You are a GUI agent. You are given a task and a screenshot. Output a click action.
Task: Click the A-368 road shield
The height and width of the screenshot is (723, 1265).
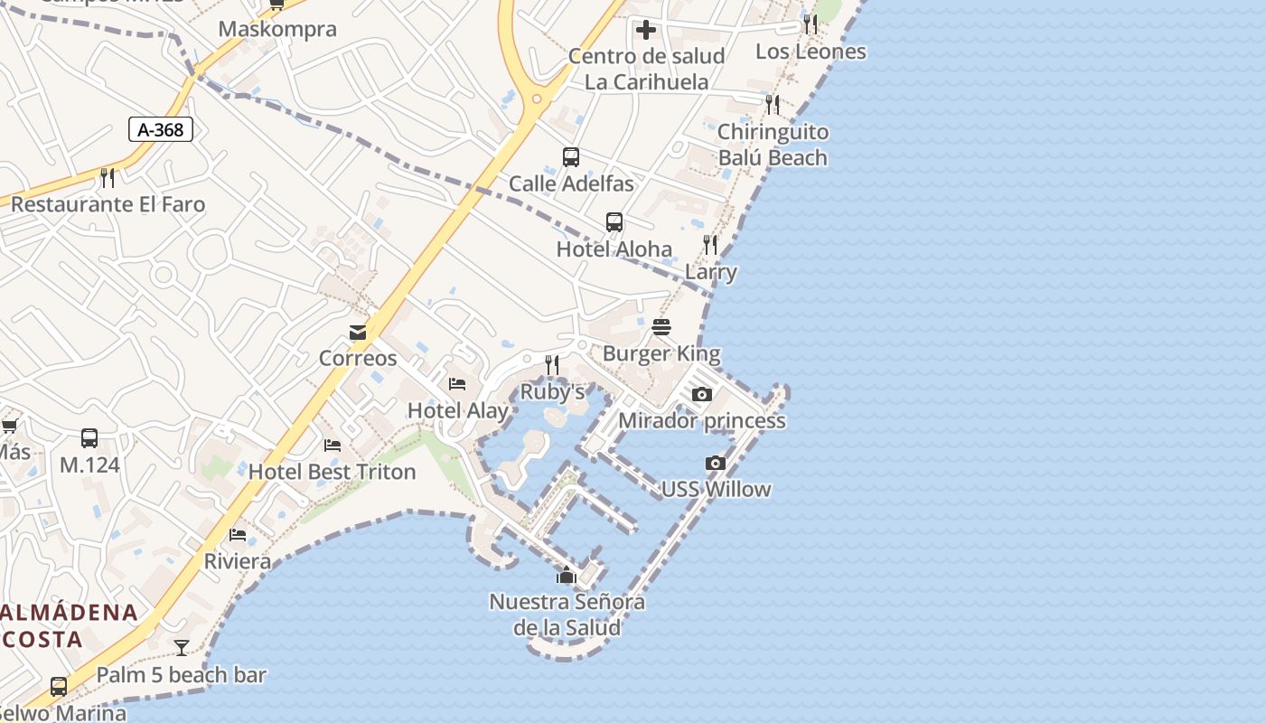click(x=161, y=130)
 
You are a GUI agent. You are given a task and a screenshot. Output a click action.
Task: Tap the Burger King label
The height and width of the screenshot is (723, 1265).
click(x=661, y=353)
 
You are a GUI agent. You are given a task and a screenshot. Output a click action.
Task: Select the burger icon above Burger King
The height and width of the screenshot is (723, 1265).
click(x=661, y=326)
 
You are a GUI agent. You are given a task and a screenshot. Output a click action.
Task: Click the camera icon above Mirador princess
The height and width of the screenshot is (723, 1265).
click(x=701, y=394)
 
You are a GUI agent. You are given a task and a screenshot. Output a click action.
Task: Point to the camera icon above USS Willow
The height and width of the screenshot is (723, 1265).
click(x=715, y=463)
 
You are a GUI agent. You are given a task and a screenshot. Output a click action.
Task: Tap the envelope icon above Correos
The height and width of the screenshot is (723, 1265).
click(x=358, y=332)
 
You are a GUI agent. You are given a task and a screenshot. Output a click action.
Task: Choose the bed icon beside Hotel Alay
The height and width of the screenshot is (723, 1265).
click(x=457, y=384)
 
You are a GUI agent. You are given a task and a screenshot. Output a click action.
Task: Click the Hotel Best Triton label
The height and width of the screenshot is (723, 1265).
click(x=332, y=472)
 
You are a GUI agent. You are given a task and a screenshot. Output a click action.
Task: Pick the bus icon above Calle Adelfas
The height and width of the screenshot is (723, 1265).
click(x=571, y=157)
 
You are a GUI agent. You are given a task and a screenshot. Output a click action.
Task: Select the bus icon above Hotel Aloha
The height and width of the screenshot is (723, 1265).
click(x=614, y=222)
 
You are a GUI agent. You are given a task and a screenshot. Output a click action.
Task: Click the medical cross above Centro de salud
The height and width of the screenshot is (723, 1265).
click(x=645, y=30)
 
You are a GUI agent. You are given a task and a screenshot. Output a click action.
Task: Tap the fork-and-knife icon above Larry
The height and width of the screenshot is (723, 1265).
click(x=710, y=245)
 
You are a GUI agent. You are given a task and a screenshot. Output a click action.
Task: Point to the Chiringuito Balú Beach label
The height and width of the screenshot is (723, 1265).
click(x=773, y=145)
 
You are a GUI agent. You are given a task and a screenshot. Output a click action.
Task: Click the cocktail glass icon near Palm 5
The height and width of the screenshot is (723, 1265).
click(x=182, y=647)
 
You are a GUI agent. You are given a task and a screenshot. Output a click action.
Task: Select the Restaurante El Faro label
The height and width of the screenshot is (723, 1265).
click(x=108, y=204)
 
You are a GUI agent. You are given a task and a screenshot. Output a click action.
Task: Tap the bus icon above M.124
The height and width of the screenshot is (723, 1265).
click(x=89, y=438)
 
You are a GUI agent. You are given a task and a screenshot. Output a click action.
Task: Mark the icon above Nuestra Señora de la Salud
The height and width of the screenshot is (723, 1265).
click(x=567, y=575)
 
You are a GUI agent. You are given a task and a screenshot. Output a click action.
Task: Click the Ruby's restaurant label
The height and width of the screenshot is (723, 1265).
click(x=552, y=392)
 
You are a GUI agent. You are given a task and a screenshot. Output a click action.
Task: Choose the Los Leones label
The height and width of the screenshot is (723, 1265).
click(x=811, y=52)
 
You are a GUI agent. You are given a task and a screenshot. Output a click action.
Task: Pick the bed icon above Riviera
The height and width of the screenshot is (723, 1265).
click(x=238, y=535)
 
